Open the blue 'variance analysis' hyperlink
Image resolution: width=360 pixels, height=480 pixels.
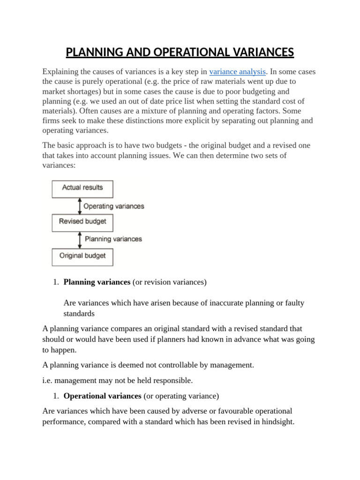(x=238, y=72)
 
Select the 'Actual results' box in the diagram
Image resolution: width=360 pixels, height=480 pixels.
(x=82, y=188)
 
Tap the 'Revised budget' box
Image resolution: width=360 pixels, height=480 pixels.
(x=82, y=222)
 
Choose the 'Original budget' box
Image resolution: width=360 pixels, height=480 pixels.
(x=82, y=256)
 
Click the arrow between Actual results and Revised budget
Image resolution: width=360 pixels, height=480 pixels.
(x=79, y=205)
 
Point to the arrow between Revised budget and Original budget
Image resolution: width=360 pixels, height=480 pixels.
(x=79, y=239)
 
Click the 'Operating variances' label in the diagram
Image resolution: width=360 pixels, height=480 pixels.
(x=113, y=206)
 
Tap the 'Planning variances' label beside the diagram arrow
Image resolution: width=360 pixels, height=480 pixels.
(x=113, y=239)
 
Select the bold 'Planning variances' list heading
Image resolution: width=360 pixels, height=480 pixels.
(x=97, y=282)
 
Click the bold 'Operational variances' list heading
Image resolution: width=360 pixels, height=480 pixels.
(x=102, y=396)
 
